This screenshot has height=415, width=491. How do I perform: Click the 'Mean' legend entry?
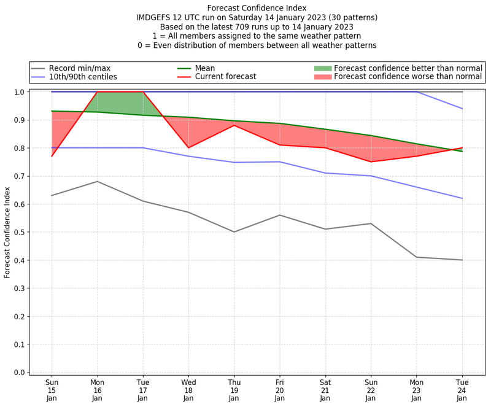click(x=206, y=68)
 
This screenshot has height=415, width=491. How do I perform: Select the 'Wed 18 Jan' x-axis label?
click(x=188, y=390)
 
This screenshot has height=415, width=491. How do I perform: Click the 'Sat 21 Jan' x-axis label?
click(x=325, y=390)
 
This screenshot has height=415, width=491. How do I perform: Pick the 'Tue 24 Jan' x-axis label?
click(x=462, y=390)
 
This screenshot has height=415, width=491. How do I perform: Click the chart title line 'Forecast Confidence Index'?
click(x=257, y=8)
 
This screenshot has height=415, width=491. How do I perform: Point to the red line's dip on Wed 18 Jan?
click(x=188, y=147)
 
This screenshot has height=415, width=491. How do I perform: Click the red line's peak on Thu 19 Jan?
click(x=234, y=125)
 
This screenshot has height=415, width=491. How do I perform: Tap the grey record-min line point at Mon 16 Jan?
click(x=97, y=181)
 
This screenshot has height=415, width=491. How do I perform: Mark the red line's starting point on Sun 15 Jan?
click(x=52, y=156)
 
